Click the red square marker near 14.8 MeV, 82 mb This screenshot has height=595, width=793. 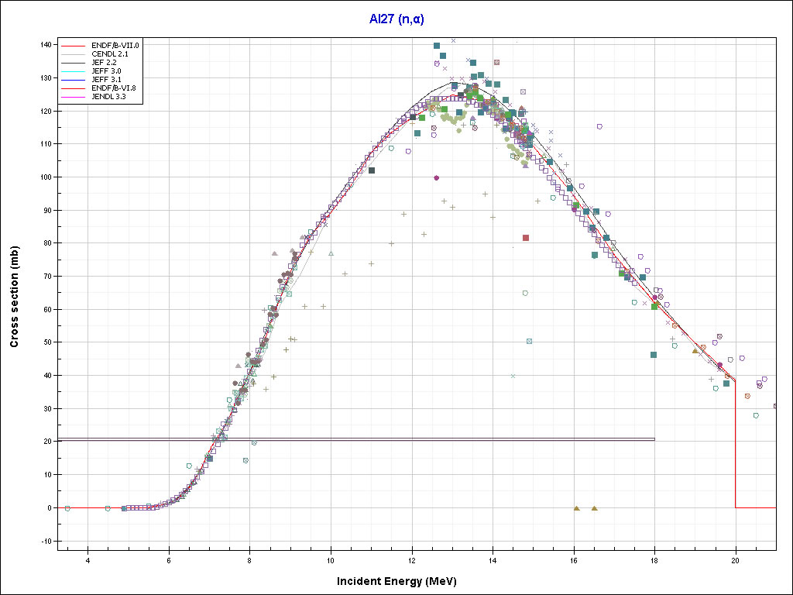pyautogui.click(x=526, y=238)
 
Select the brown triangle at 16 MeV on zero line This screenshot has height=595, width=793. pyautogui.click(x=576, y=508)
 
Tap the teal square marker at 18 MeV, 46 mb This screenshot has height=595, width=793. pyautogui.click(x=654, y=355)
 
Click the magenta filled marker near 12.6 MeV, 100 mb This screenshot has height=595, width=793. pyautogui.click(x=437, y=177)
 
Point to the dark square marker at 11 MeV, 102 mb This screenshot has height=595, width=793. pyautogui.click(x=372, y=170)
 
